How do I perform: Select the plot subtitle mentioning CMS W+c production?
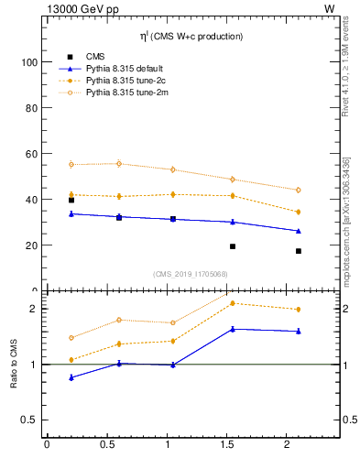(191, 37)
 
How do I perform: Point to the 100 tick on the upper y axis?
(29, 62)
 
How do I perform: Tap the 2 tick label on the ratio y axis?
(33, 309)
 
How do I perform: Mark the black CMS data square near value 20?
(233, 246)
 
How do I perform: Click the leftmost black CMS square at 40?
(71, 200)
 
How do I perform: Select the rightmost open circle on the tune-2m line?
(299, 190)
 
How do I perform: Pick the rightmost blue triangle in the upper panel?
(299, 231)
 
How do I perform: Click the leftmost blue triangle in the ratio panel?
(71, 377)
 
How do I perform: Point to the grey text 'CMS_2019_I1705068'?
(191, 273)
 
